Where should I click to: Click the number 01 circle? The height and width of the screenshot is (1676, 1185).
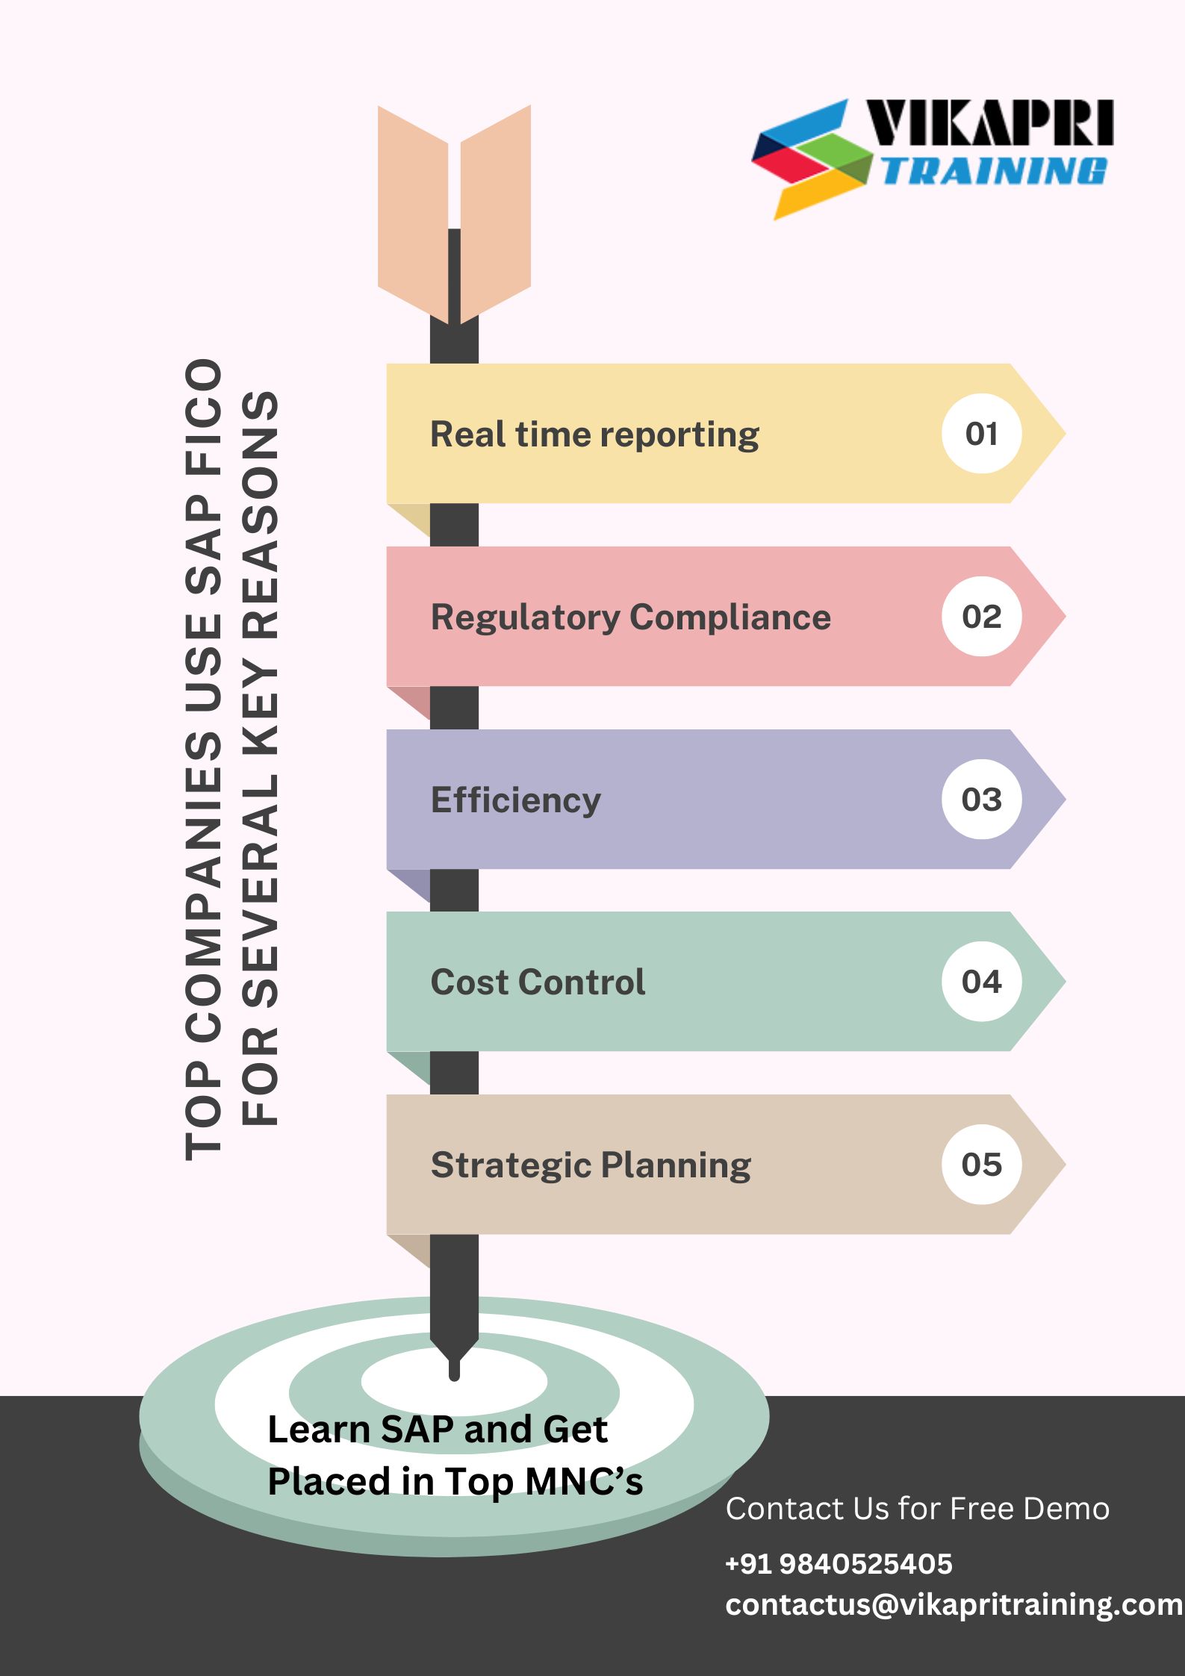coord(981,434)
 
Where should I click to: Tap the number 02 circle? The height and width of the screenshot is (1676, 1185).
coord(981,617)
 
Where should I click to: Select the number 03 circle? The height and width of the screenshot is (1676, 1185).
coord(981,800)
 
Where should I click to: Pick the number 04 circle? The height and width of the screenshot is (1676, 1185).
coord(981,982)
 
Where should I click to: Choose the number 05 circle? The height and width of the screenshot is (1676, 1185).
coord(981,1165)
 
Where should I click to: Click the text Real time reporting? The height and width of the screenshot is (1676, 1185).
coord(594,434)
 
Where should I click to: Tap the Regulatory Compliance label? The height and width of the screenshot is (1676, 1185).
coord(630,617)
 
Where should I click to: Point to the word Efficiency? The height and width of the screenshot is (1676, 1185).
coord(515,800)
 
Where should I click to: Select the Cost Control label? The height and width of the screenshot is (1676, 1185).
coord(538,982)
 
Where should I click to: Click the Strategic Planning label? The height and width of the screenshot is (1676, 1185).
coord(591,1165)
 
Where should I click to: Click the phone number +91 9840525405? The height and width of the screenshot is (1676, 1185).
coord(839,1564)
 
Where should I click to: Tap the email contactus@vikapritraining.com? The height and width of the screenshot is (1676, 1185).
coord(954,1604)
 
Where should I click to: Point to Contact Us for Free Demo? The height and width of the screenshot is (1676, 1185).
coord(917,1509)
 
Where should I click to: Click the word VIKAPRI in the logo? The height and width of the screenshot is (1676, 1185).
coord(989,122)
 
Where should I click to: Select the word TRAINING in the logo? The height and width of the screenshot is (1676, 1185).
coord(993,171)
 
